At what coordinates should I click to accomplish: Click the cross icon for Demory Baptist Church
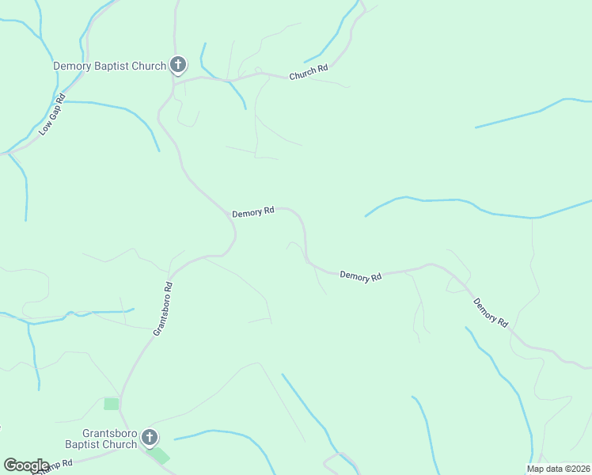point(178,65)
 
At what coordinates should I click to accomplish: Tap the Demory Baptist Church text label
point(109,66)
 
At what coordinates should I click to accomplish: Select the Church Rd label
point(309,73)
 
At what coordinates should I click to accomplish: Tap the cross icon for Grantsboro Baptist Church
point(149,437)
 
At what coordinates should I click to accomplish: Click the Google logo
point(26,465)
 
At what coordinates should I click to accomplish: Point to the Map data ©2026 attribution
point(558,469)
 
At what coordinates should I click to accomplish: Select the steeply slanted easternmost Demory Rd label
point(491,313)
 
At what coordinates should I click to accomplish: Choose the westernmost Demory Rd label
point(252,212)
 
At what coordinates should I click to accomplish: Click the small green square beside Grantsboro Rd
point(112,404)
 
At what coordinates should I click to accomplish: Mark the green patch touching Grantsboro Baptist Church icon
point(160,454)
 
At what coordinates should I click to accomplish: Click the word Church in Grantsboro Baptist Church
point(120,445)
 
